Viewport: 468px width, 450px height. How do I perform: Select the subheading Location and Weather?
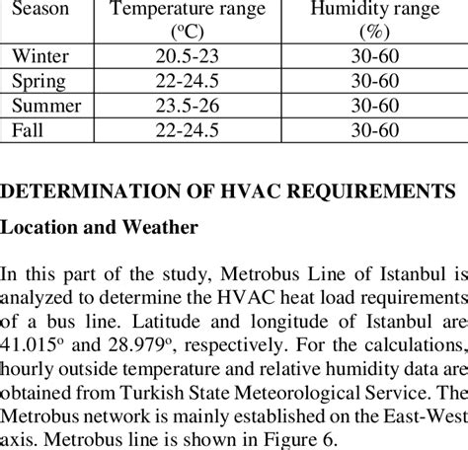click(100, 226)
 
